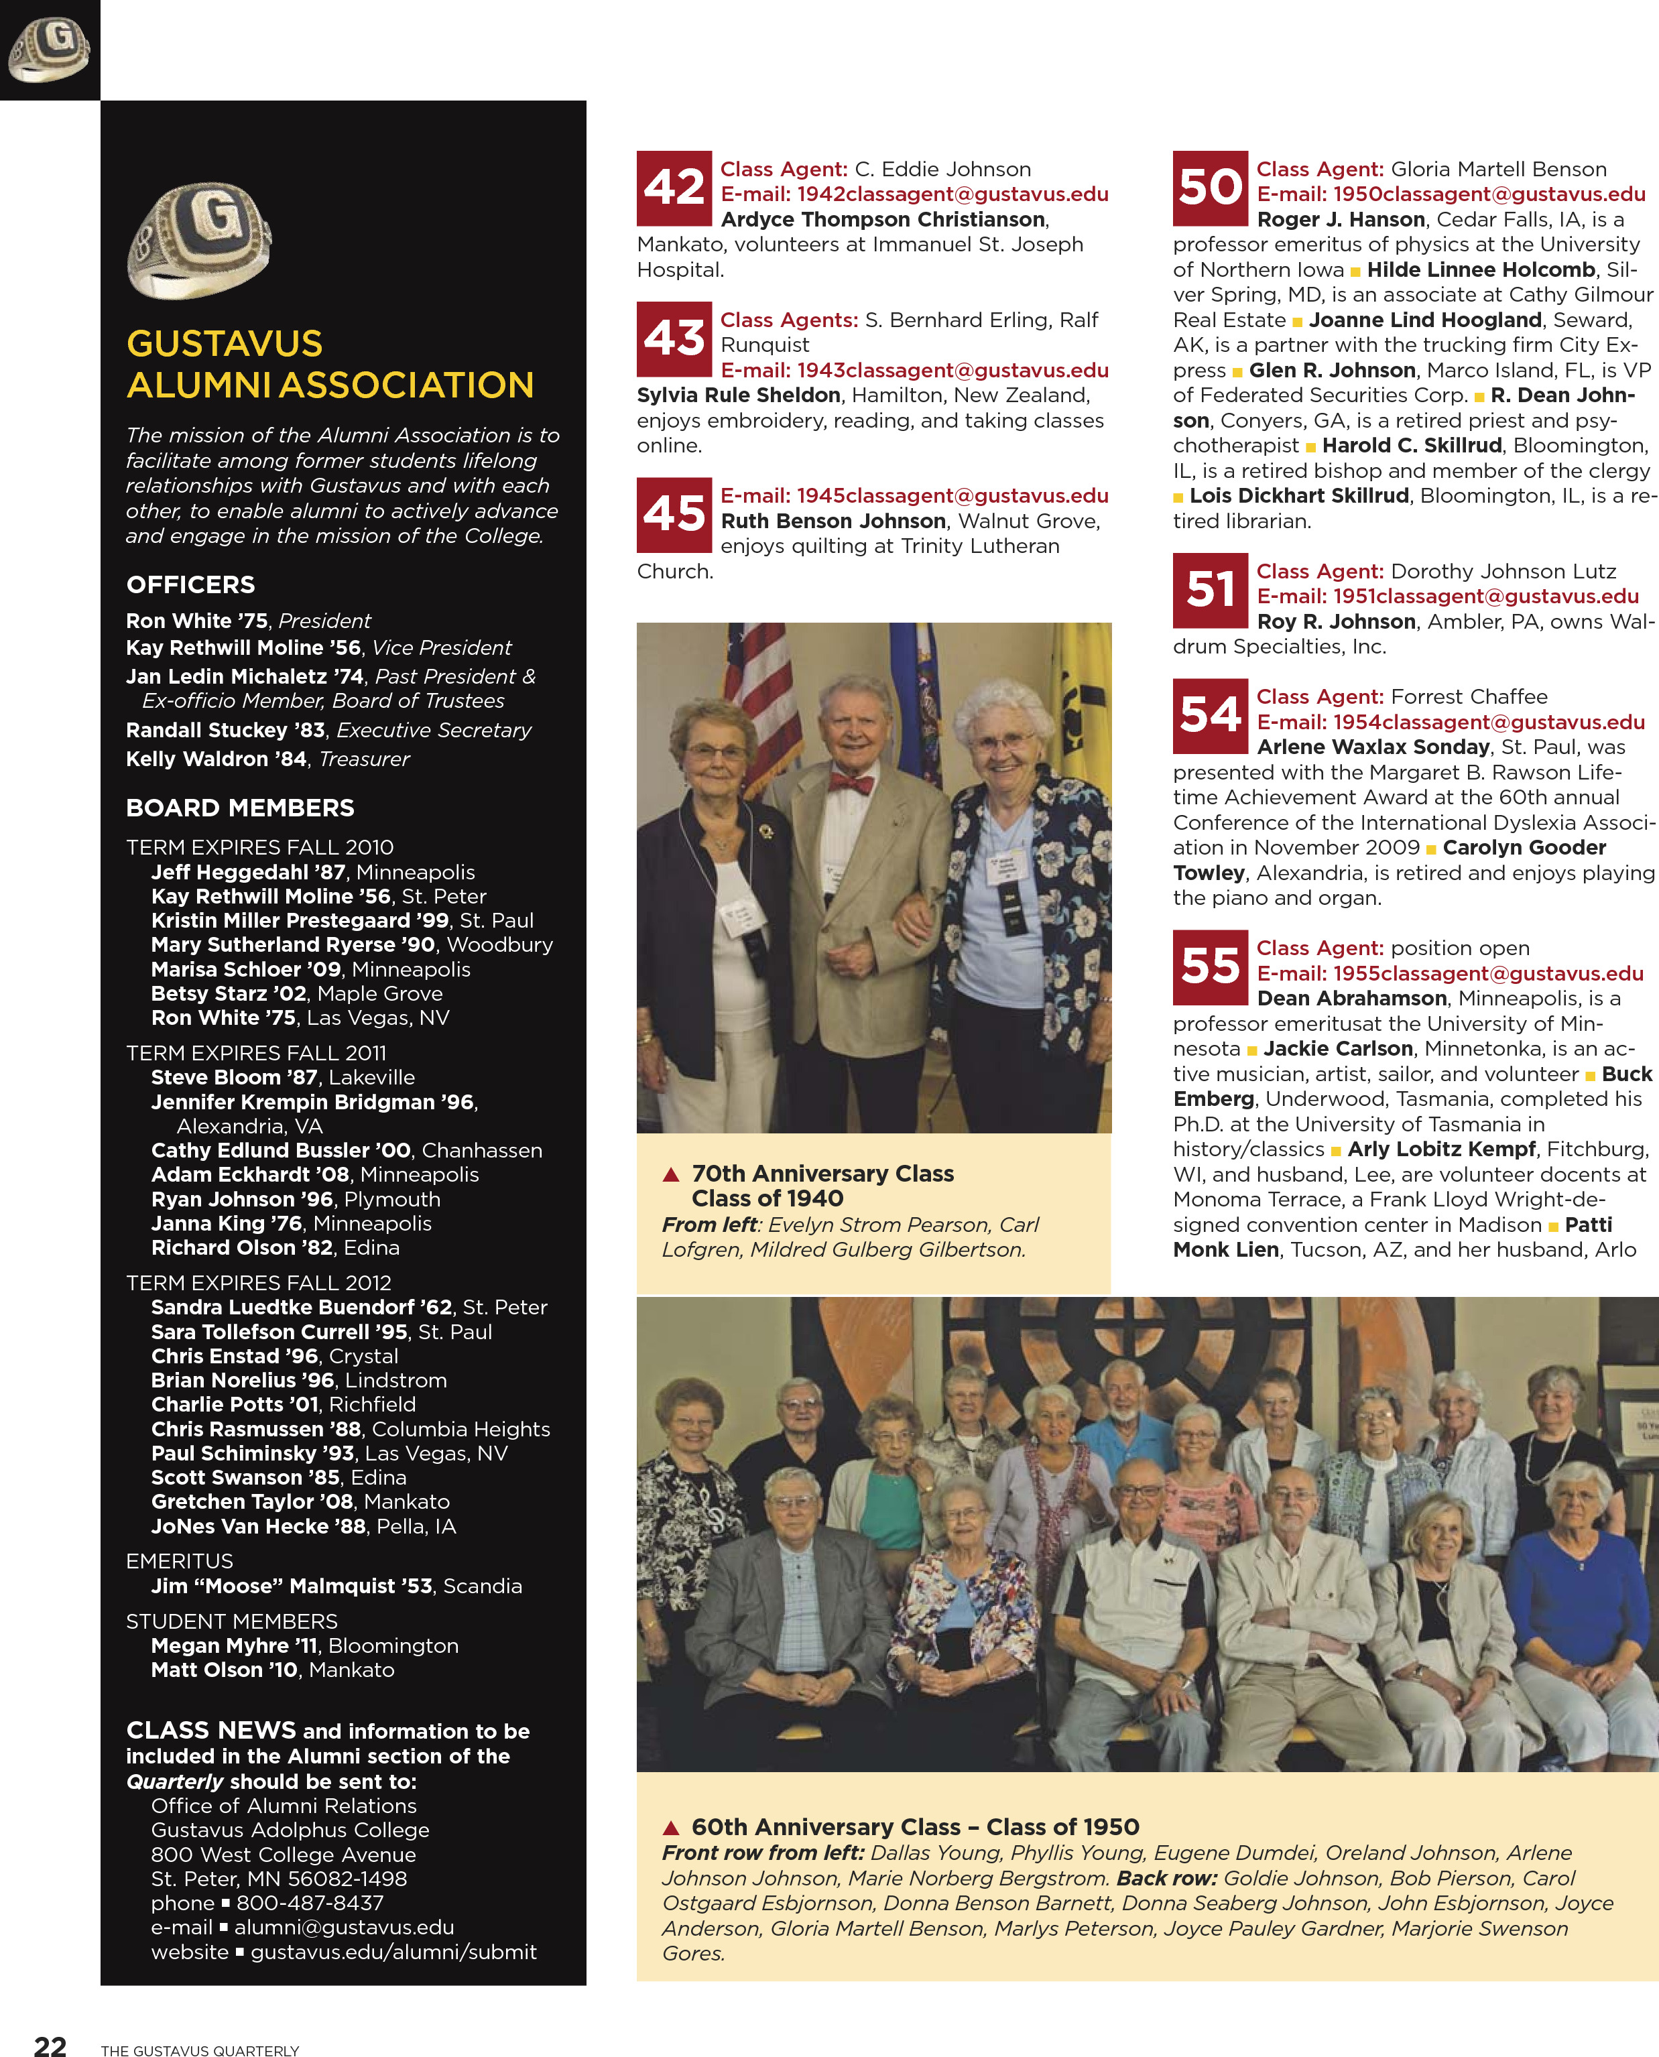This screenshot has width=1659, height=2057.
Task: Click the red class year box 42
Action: point(674,187)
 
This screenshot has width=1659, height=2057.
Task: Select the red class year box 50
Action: point(1210,187)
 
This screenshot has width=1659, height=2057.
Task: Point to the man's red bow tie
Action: point(851,784)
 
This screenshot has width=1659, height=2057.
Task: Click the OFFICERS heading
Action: point(190,584)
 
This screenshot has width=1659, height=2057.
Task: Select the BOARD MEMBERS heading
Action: point(240,808)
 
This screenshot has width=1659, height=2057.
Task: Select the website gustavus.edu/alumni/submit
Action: point(393,1952)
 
